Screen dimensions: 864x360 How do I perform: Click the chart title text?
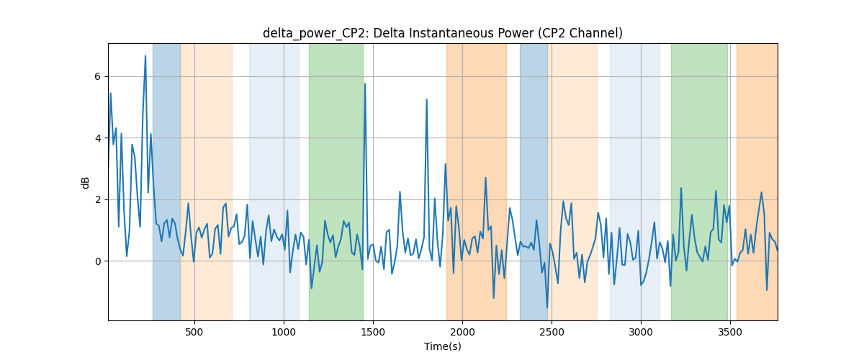coord(442,33)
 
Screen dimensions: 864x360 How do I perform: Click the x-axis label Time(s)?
coord(442,346)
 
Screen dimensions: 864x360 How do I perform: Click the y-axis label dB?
coord(85,183)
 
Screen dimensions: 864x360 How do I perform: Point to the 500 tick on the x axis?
coord(194,332)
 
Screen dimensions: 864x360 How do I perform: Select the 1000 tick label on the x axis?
coord(284,332)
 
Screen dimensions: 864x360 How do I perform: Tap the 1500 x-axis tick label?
coord(373,332)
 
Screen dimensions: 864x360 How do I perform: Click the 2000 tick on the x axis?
coord(462,332)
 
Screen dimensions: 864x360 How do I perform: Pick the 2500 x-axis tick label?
coord(552,332)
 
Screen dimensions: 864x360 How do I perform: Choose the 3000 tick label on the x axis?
coord(641,332)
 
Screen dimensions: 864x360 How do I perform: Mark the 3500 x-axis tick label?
coord(730,332)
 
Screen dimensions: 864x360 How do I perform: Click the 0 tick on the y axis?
coord(98,261)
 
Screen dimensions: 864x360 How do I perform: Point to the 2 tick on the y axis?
coord(98,200)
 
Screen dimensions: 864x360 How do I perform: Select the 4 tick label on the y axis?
coord(98,138)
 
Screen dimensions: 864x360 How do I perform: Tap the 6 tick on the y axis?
coord(98,77)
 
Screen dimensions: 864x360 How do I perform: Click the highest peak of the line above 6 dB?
coord(145,56)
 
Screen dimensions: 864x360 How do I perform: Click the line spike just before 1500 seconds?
coord(365,84)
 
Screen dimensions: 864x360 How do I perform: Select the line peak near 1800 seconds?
coord(426,99)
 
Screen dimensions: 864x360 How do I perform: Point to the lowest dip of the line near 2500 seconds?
coord(547,307)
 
